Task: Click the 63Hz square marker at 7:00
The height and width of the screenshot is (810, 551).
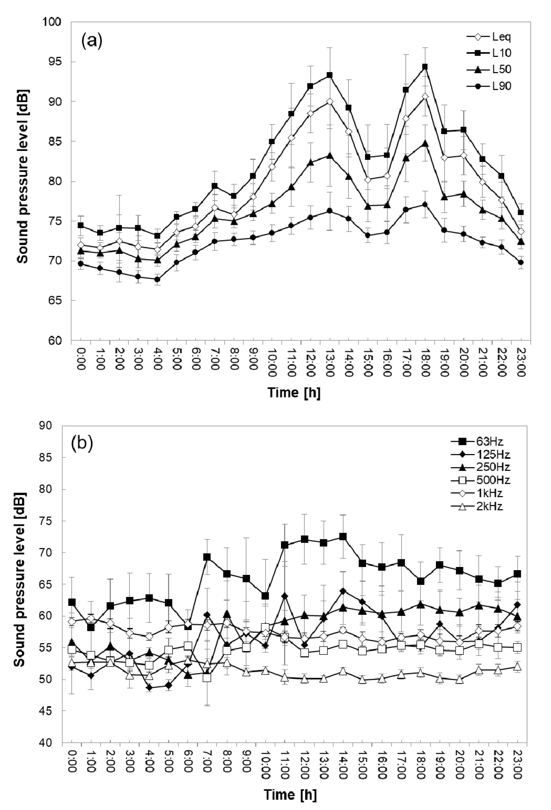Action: point(207,557)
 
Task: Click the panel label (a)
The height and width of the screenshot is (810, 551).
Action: point(92,41)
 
